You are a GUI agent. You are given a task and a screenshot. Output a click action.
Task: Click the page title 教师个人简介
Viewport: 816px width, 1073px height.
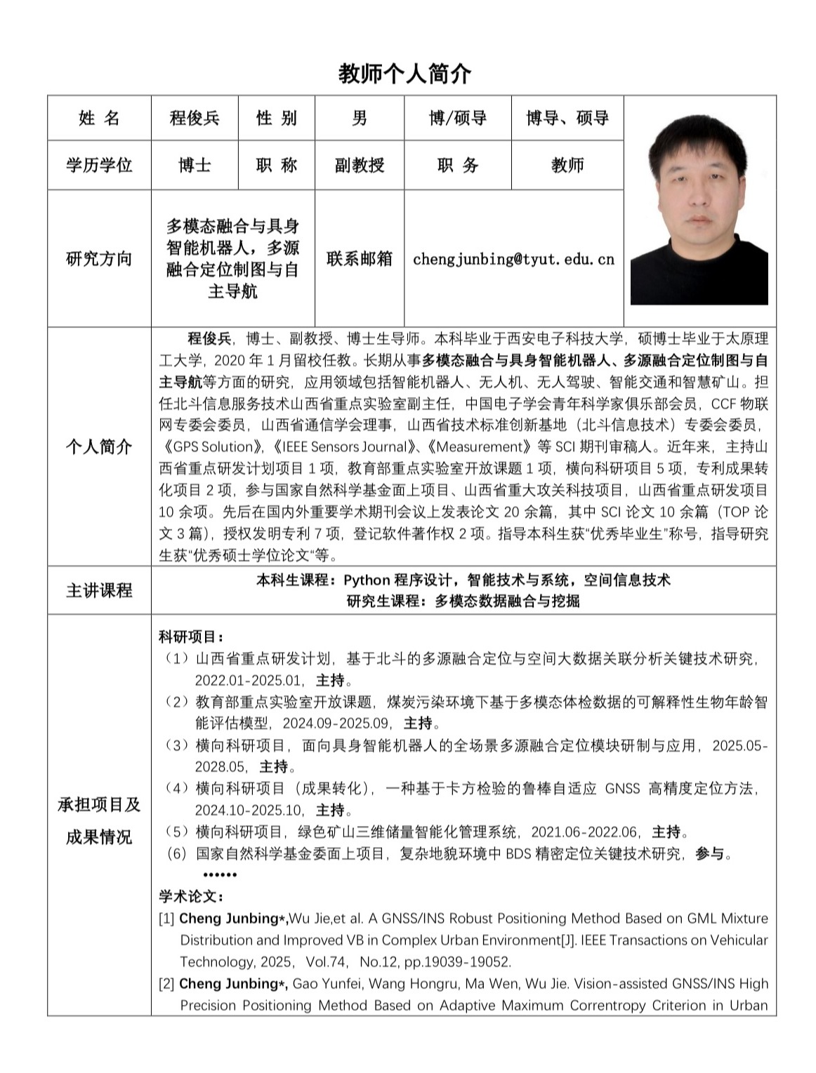click(x=405, y=74)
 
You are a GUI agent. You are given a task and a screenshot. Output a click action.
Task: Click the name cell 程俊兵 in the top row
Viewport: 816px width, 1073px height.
click(x=195, y=118)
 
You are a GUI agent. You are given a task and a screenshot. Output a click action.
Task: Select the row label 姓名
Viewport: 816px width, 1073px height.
click(x=99, y=118)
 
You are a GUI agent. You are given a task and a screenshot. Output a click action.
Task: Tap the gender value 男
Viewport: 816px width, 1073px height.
click(x=359, y=118)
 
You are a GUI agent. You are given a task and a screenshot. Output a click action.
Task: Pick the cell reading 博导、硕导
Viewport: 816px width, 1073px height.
click(x=567, y=118)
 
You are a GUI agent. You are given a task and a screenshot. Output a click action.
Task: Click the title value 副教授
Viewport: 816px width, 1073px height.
click(x=359, y=165)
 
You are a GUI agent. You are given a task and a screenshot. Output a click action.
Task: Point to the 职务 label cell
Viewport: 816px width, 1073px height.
click(x=457, y=165)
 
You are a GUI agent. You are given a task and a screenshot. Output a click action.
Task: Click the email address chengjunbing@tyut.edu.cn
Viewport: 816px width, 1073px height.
click(x=513, y=259)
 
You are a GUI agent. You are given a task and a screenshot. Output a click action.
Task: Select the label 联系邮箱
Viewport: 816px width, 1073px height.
click(x=359, y=258)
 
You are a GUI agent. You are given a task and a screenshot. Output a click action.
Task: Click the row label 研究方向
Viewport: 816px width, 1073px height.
click(x=99, y=258)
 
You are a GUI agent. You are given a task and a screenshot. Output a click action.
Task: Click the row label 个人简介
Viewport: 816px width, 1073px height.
click(x=99, y=446)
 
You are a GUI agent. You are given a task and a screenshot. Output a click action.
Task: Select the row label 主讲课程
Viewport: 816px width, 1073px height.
click(x=99, y=590)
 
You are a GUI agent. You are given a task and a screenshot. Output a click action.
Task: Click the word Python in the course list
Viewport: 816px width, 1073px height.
click(x=367, y=580)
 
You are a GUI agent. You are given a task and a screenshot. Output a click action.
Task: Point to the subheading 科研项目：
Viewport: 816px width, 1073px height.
click(x=191, y=637)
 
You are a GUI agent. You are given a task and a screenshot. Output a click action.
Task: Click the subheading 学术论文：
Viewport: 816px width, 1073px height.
click(x=191, y=896)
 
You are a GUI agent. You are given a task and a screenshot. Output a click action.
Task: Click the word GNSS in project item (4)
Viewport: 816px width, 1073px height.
click(x=622, y=789)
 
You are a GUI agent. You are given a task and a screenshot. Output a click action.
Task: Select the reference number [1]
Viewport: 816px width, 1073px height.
click(x=166, y=919)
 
